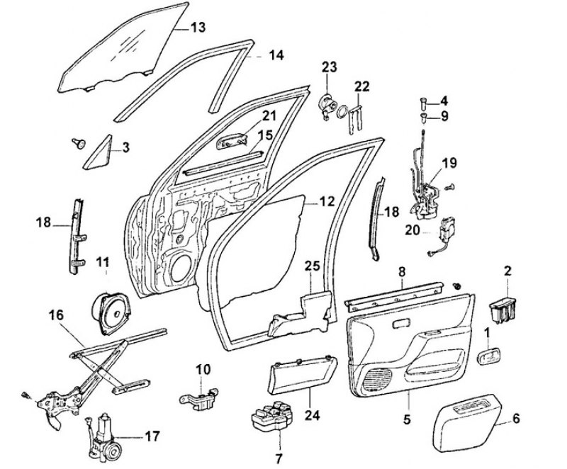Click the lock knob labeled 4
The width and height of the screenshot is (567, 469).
point(425,101)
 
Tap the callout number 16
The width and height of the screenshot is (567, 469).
point(56,314)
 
